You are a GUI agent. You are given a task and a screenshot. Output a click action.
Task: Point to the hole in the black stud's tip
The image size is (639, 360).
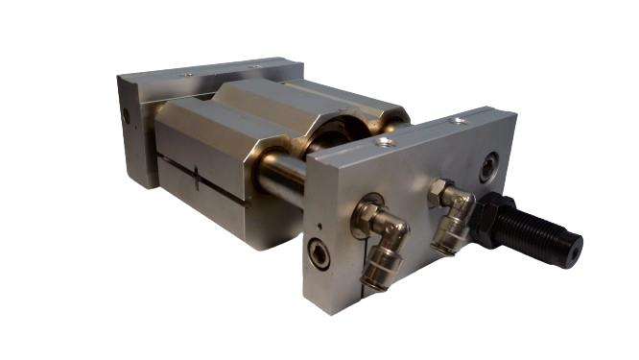click(575, 252)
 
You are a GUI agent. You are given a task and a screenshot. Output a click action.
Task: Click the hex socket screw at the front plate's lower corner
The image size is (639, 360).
click(318, 254)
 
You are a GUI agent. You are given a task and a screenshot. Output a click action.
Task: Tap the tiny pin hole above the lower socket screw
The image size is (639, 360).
click(319, 227)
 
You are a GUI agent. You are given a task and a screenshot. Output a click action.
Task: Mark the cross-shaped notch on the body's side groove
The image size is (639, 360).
click(195, 178)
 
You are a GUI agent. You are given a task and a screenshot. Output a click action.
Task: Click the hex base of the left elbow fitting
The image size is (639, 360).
click(366, 214)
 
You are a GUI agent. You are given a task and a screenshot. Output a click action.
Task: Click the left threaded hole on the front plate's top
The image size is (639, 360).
click(385, 142)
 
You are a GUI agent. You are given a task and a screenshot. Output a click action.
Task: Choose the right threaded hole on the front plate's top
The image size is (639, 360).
click(461, 121)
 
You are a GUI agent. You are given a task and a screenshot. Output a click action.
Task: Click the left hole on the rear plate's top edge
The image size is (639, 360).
click(188, 75)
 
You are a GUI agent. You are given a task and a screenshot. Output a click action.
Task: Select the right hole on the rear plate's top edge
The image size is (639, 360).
click(256, 65)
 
